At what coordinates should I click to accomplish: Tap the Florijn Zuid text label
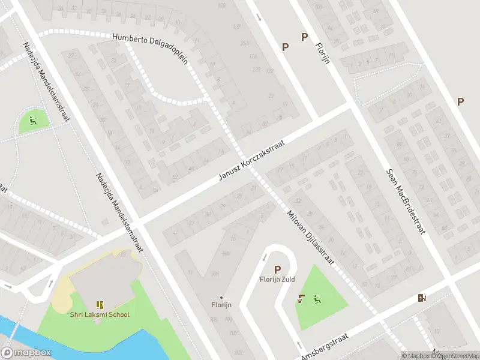coord(277,280)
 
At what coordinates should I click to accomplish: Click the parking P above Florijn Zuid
coord(277,270)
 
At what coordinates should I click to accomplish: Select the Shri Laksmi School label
coord(99,314)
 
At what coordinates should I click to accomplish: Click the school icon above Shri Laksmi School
coord(99,305)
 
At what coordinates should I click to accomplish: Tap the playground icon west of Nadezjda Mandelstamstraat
coord(33,119)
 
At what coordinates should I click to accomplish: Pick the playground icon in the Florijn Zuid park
coord(317,299)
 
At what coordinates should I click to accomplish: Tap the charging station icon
coord(422,298)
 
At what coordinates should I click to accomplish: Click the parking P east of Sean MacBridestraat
coord(460,102)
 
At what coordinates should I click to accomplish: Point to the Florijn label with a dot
coord(221,304)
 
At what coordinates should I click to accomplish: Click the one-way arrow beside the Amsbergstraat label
coord(299,346)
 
